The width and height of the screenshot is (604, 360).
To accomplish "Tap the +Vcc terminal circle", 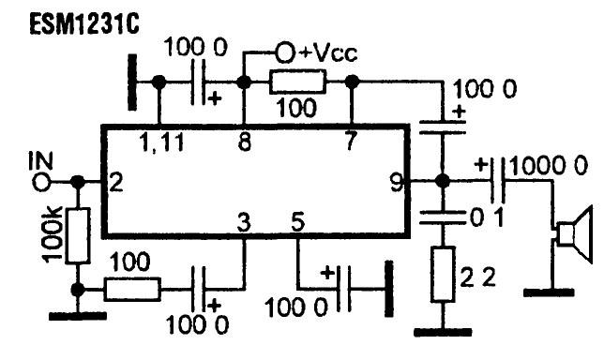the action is coord(285,52).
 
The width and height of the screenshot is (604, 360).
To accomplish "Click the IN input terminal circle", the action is coord(41,182).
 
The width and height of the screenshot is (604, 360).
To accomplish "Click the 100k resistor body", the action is coord(79,235).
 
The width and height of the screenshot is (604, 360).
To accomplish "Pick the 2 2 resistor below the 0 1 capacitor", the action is coord(443,274).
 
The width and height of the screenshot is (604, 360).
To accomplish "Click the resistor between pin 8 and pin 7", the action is coord(297,82).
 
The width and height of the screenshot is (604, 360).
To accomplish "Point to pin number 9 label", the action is coord(397,183).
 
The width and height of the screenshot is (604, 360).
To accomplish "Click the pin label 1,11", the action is coord(162,142).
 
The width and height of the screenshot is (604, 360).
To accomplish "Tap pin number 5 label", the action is coord(297,222).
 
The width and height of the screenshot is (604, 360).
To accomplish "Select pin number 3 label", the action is coord(244,222).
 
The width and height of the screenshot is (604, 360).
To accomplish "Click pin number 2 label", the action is coord(116,182).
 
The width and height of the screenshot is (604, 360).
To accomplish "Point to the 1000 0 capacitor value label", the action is coord(549,166).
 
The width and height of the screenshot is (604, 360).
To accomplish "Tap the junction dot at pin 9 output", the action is coord(443,180).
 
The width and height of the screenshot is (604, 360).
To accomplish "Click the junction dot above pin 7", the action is coord(352,82).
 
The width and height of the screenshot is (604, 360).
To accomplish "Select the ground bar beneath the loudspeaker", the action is coord(549,292).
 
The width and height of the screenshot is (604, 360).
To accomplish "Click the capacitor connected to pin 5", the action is coord(344,288).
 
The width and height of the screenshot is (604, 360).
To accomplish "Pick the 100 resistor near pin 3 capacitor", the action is coord(132,289).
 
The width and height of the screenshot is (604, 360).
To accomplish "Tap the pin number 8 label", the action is coord(245,142).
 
